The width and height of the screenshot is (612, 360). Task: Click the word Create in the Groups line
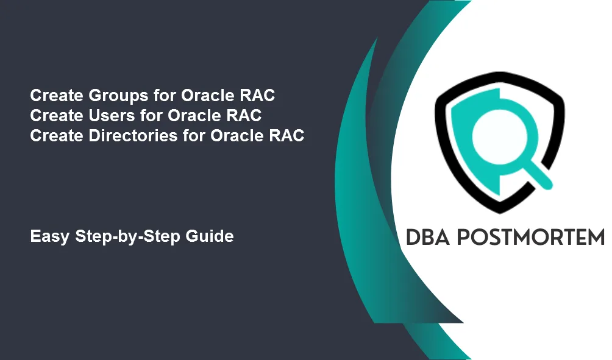(57, 96)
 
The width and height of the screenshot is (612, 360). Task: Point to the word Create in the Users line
(57, 116)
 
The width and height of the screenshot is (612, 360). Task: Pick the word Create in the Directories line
(57, 136)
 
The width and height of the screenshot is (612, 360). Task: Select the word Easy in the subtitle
(50, 236)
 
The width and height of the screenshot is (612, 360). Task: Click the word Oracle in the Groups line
(208, 96)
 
